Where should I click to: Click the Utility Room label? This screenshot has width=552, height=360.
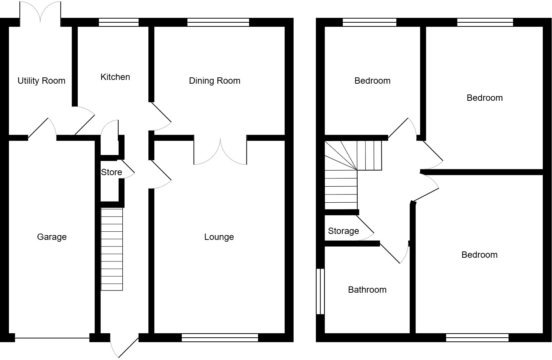click(x=41, y=81)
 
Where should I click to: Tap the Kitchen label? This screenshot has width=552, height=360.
click(x=115, y=77)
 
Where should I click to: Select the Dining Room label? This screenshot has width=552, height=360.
click(x=214, y=81)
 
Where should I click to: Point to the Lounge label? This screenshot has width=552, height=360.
click(x=219, y=237)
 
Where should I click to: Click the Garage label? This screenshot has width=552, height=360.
click(x=52, y=237)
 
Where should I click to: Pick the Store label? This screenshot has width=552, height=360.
click(x=112, y=172)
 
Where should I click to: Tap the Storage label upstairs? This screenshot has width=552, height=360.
click(x=343, y=231)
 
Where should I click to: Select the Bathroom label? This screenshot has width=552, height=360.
click(x=367, y=290)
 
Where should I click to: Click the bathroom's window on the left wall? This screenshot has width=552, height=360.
click(x=320, y=292)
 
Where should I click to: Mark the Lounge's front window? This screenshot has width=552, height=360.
click(x=220, y=338)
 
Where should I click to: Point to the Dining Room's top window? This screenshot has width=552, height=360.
click(x=218, y=22)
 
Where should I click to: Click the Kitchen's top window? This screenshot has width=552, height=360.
click(x=119, y=22)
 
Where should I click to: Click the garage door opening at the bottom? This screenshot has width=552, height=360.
click(x=52, y=338)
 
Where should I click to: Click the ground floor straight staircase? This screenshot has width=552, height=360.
click(x=112, y=249)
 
